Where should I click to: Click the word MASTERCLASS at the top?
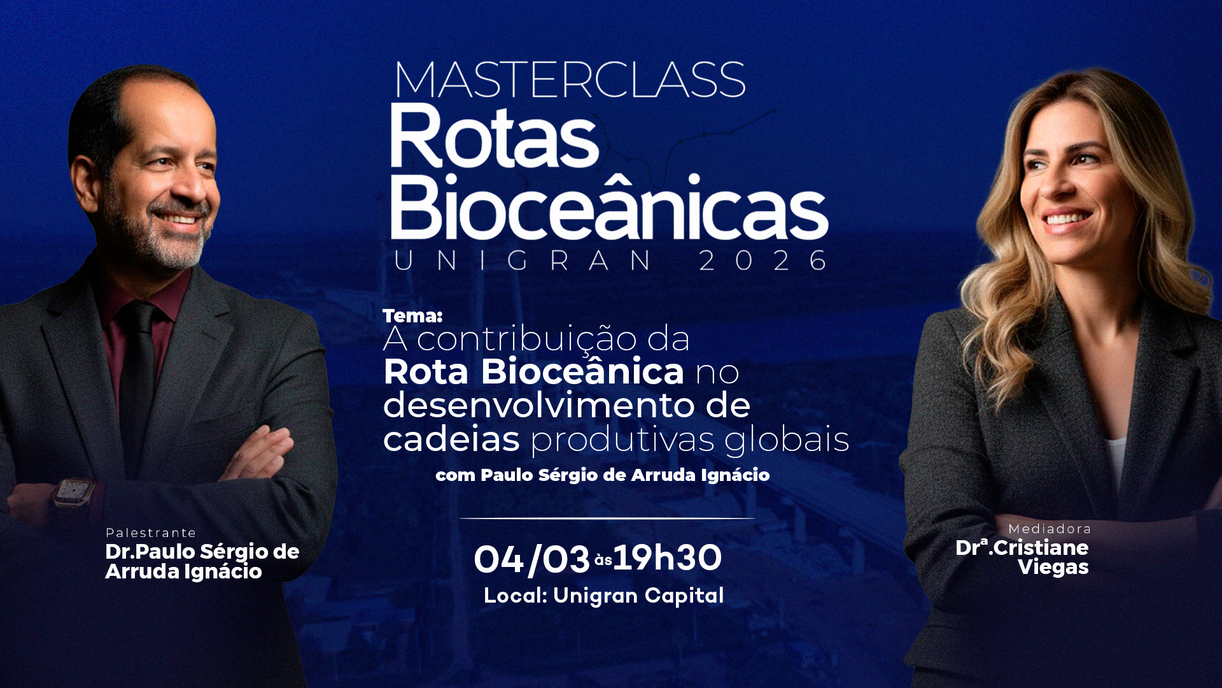(x=570, y=80)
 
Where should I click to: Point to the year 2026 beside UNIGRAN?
(x=763, y=261)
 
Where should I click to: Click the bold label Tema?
(x=412, y=315)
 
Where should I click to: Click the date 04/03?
(x=531, y=559)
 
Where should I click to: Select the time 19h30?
(x=668, y=558)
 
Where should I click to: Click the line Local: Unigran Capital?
(x=603, y=596)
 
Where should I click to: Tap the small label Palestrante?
(x=151, y=533)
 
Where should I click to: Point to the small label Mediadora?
(x=1050, y=529)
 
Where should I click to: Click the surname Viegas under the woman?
(x=1053, y=566)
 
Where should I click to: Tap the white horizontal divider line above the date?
(x=607, y=519)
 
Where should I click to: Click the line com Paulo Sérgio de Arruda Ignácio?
(x=603, y=475)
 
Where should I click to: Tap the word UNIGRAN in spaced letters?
(x=523, y=261)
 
